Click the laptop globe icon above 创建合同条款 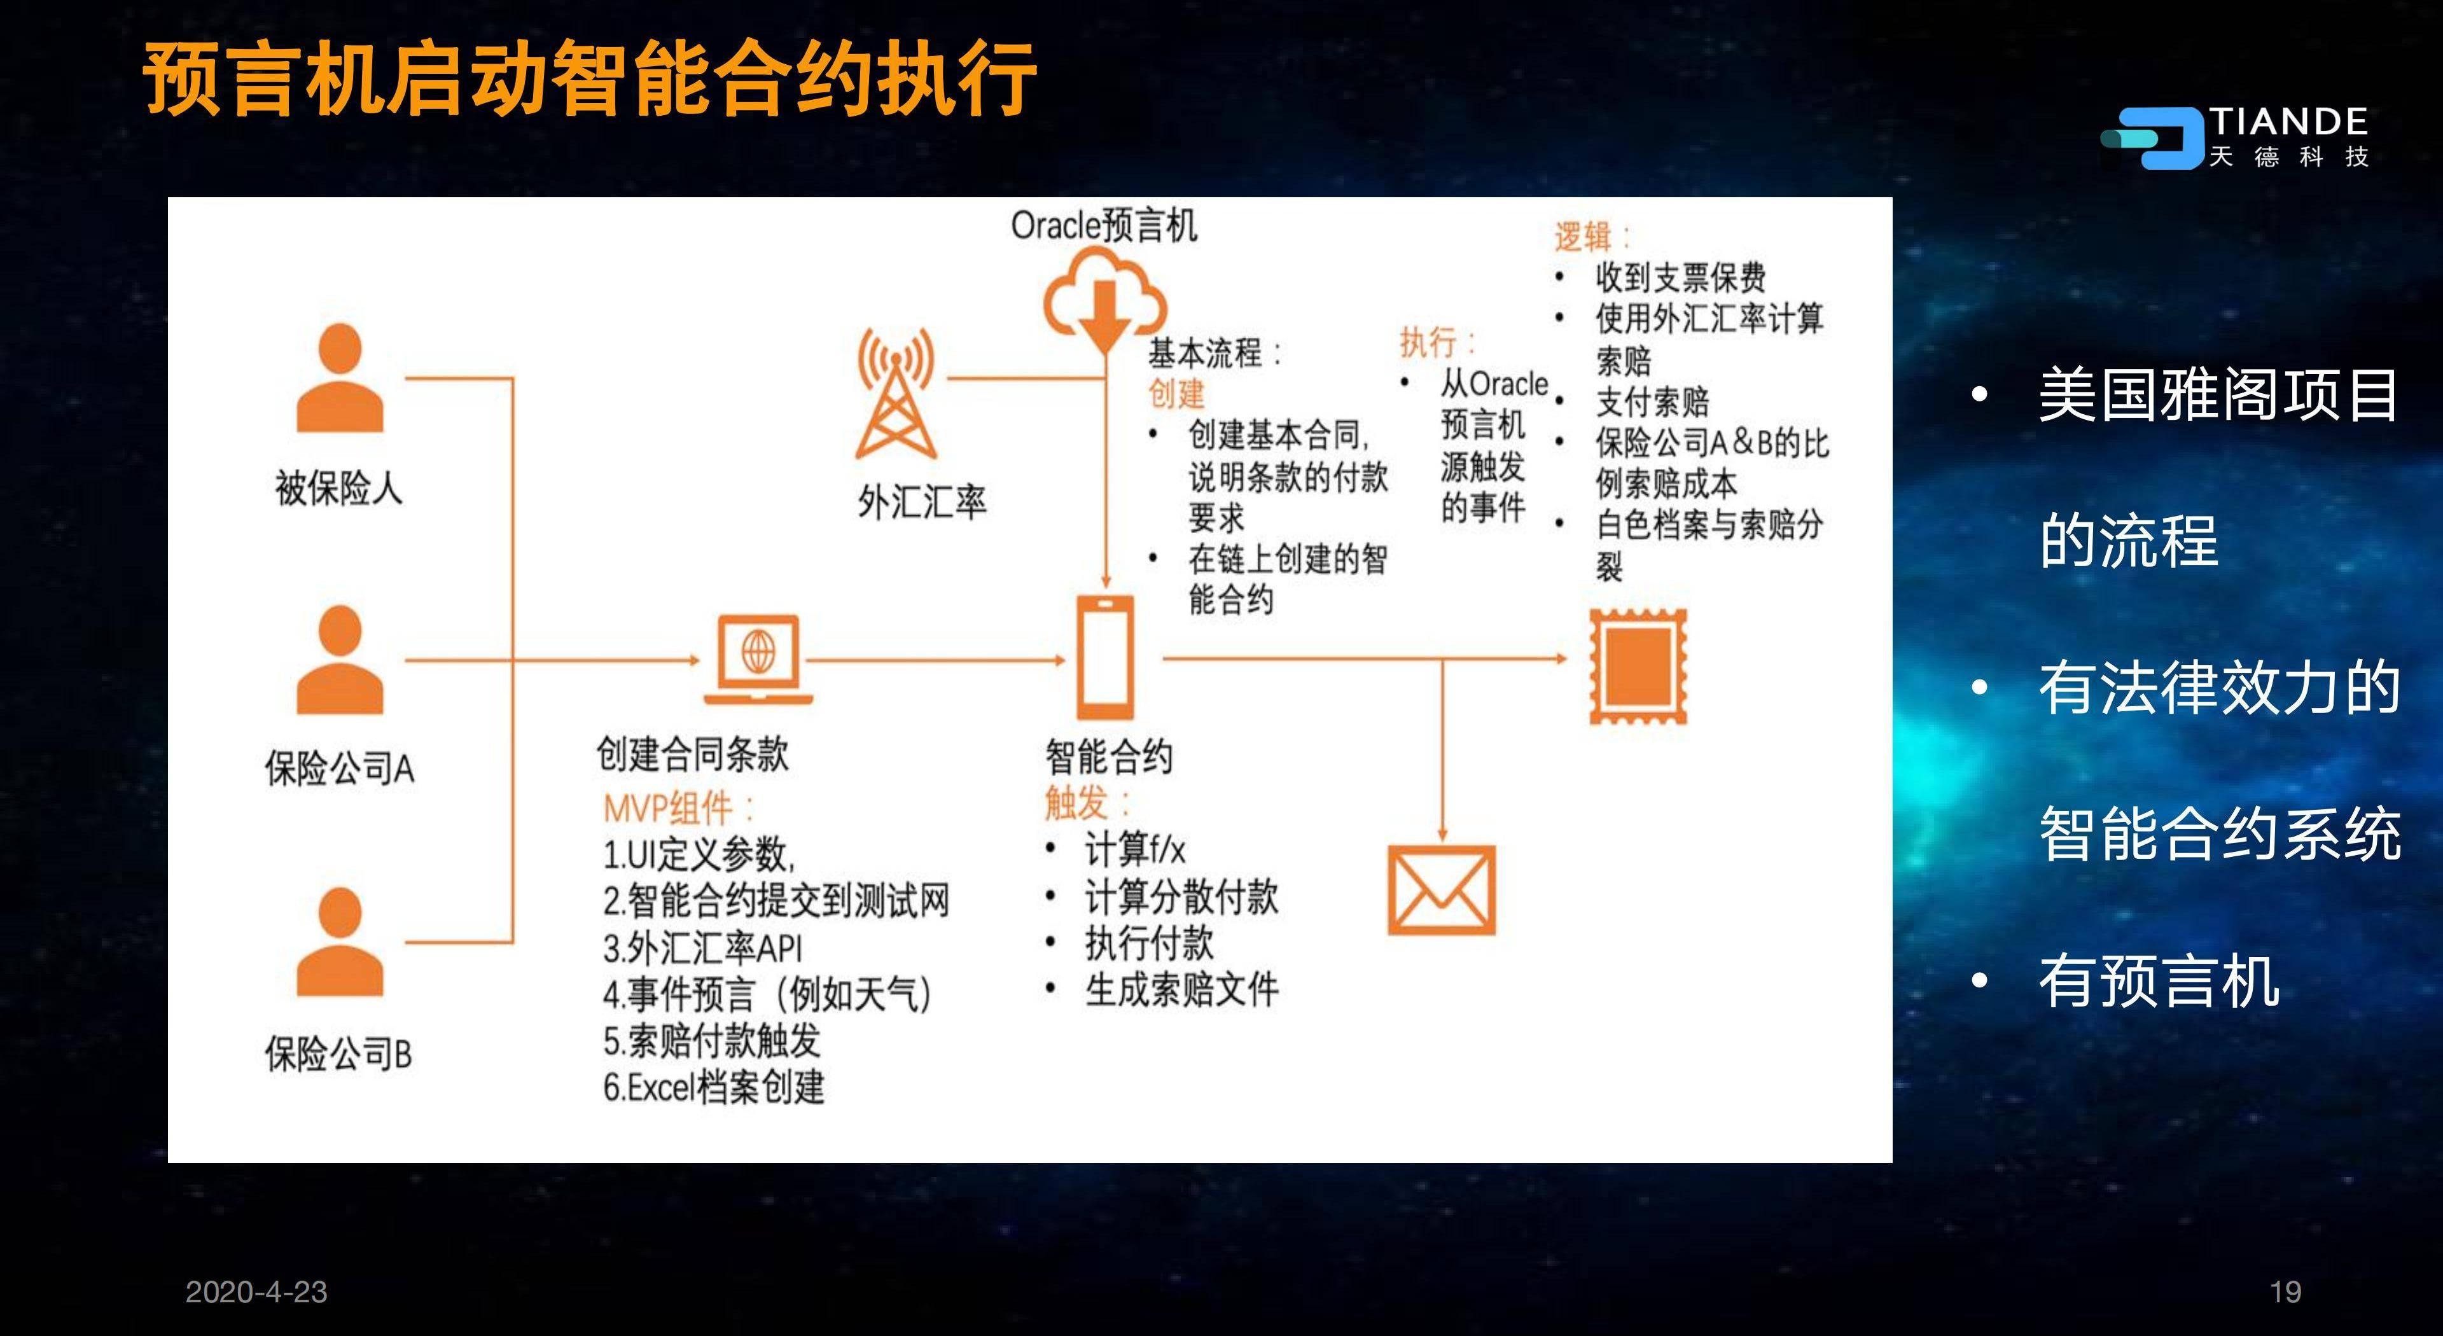758,659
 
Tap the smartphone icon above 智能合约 1105,658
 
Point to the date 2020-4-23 256,1291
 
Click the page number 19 2286,1291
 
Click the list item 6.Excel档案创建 714,1087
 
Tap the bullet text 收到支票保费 1680,278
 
